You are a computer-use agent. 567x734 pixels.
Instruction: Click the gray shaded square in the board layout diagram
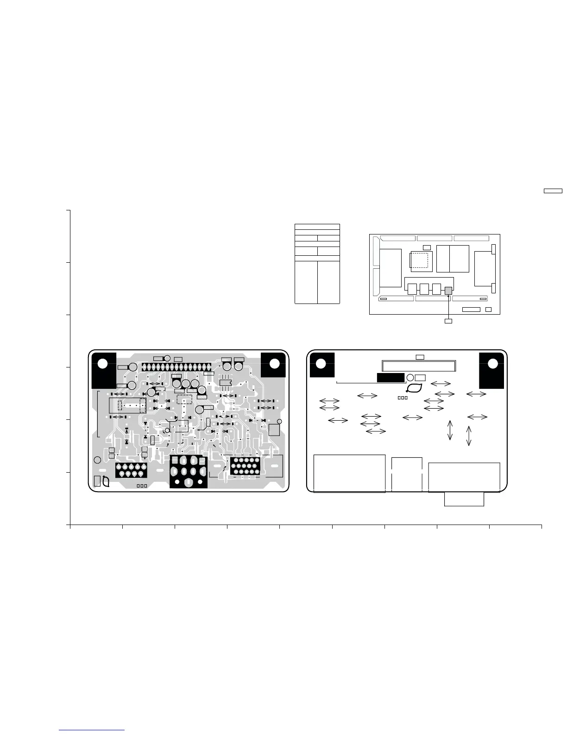click(x=448, y=291)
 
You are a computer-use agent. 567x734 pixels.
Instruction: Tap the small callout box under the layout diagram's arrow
click(x=448, y=321)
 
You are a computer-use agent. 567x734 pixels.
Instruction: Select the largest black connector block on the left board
click(x=188, y=471)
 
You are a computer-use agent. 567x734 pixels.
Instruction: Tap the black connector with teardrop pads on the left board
click(x=131, y=470)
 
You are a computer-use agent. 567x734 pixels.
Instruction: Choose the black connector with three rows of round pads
click(x=245, y=466)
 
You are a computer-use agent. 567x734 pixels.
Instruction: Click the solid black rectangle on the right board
click(x=391, y=378)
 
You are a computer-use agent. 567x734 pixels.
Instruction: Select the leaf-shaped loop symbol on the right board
click(x=415, y=388)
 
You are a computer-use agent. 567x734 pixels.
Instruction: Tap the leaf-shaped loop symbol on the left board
click(x=106, y=481)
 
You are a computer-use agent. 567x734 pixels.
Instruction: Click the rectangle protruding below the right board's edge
click(x=464, y=499)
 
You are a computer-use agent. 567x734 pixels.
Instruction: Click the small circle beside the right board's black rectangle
click(x=410, y=378)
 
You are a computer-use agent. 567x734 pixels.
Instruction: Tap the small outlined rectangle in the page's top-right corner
click(x=553, y=190)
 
